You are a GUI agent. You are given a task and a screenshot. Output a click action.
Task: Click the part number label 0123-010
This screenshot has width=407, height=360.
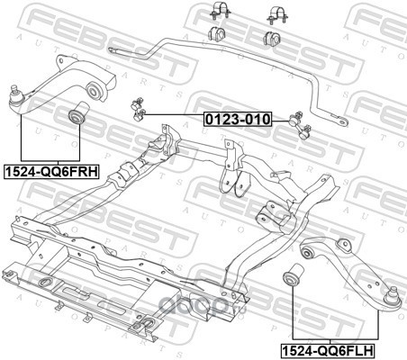(238, 119)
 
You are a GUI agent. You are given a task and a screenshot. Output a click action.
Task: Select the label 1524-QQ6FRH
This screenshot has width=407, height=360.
(51, 172)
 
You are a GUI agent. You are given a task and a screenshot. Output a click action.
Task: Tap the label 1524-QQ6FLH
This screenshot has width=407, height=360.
(328, 350)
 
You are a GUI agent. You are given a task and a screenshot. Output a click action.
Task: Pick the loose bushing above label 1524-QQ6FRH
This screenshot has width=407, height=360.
(77, 113)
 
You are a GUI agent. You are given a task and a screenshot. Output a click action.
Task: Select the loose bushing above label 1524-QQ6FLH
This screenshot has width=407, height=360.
(294, 274)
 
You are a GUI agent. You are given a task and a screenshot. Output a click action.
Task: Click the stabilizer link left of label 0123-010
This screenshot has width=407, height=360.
(138, 109)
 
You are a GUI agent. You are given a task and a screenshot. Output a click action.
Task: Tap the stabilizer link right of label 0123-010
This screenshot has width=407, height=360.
(300, 126)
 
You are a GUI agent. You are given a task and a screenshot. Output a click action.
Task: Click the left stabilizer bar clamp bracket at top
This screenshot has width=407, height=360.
(221, 11)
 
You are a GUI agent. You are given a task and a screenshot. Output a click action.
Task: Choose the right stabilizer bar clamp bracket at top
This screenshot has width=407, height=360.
(277, 14)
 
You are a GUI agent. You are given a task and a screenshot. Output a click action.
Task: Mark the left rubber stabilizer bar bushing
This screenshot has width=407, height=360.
(217, 33)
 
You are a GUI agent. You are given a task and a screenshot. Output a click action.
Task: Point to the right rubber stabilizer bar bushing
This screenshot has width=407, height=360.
(273, 38)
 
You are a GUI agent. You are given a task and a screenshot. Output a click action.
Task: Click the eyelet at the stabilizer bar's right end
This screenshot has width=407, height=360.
(341, 121)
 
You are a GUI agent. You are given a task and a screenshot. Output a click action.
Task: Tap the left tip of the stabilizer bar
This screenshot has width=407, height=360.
(110, 49)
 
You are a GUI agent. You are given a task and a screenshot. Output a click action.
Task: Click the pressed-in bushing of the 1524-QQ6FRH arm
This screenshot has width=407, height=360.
(93, 90)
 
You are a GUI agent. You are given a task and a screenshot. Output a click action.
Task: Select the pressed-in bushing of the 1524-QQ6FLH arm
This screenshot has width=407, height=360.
(307, 253)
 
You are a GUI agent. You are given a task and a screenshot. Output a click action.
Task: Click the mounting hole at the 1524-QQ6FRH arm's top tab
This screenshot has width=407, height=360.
(61, 61)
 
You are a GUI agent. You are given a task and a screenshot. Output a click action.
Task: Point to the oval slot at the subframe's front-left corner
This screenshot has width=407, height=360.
(46, 283)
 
